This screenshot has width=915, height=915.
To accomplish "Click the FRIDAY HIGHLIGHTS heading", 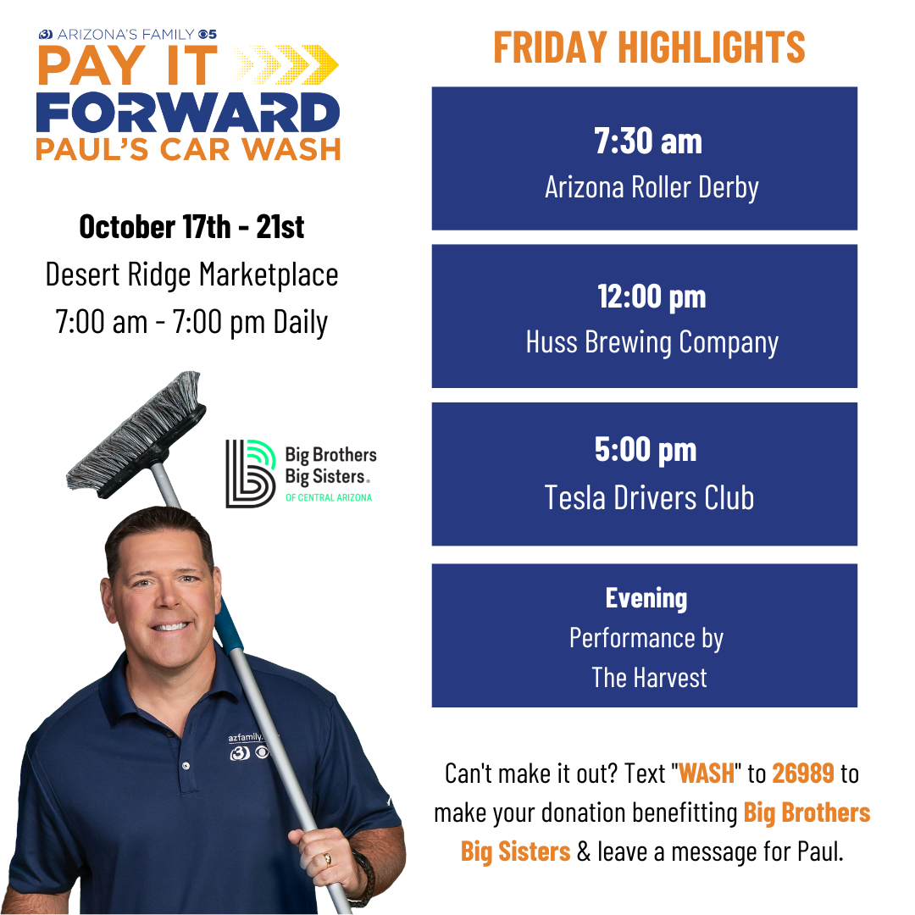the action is (649, 47).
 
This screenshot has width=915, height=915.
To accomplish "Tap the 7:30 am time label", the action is (648, 141).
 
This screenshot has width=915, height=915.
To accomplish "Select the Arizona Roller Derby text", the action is (652, 187).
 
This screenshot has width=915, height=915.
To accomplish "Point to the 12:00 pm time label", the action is (652, 297).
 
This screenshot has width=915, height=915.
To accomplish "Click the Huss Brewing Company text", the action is (652, 342).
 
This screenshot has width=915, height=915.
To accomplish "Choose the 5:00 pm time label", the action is (646, 450).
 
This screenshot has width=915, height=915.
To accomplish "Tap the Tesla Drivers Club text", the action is (649, 498).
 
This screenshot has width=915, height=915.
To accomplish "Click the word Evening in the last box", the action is (646, 598).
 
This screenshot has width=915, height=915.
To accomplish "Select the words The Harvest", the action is (649, 678).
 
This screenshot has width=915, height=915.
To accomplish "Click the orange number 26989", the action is (803, 774).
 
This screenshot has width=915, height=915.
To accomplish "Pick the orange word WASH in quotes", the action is (707, 774).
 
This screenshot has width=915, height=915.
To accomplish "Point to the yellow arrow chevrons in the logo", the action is (287, 64).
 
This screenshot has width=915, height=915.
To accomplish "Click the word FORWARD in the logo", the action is (188, 112).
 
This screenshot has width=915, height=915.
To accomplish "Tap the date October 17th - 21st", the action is (191, 226).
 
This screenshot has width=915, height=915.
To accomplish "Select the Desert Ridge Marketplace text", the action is (191, 274).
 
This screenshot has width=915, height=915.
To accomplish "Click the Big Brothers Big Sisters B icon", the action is (250, 474).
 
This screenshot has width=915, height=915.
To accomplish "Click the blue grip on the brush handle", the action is (230, 625).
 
